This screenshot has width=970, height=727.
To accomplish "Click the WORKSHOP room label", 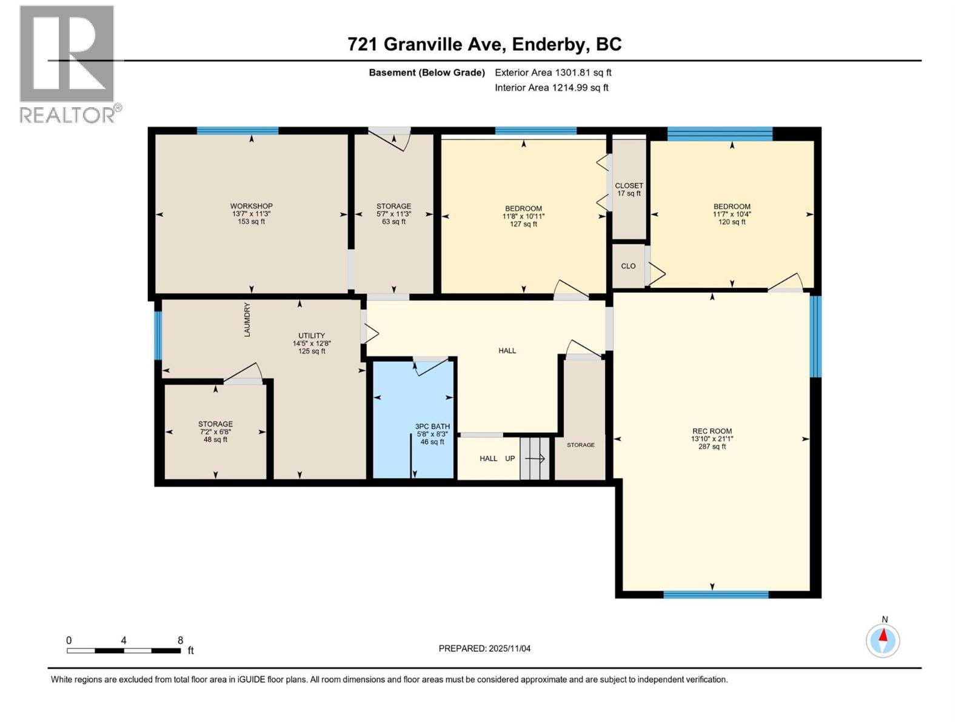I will pyautogui.click(x=251, y=214).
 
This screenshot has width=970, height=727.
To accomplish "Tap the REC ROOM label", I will pyautogui.click(x=712, y=439).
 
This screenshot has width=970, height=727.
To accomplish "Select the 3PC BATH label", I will pyautogui.click(x=432, y=434).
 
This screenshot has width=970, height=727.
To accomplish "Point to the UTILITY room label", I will pyautogui.click(x=312, y=343).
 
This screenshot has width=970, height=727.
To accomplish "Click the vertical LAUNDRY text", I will pyautogui.click(x=247, y=320).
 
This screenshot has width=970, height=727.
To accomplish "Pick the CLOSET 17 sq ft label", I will pyautogui.click(x=629, y=190).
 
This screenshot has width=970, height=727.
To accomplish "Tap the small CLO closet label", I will pyautogui.click(x=628, y=266).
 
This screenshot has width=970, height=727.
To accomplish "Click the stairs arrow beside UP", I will pyautogui.click(x=535, y=459).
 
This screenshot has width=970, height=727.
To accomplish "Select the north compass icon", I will pyautogui.click(x=883, y=640).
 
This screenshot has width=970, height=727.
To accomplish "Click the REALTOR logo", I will pyautogui.click(x=67, y=64).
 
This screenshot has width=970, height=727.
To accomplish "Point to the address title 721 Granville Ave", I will pyautogui.click(x=484, y=44).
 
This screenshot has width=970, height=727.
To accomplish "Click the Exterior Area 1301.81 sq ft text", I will pyautogui.click(x=553, y=73).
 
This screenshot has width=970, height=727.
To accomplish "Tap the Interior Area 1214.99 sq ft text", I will pyautogui.click(x=552, y=88).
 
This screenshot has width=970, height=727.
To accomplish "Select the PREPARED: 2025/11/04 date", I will pyautogui.click(x=484, y=648).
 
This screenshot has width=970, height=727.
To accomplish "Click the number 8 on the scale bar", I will pyautogui.click(x=180, y=640).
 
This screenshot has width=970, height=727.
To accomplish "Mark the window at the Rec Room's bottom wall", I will pyautogui.click(x=716, y=594).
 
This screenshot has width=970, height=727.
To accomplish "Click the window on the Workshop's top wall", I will pyautogui.click(x=237, y=130).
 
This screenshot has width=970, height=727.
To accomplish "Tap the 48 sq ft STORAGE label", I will pyautogui.click(x=215, y=431).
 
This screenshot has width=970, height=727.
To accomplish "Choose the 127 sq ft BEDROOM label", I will pyautogui.click(x=523, y=216).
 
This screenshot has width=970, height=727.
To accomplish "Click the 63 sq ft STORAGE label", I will pyautogui.click(x=393, y=214).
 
